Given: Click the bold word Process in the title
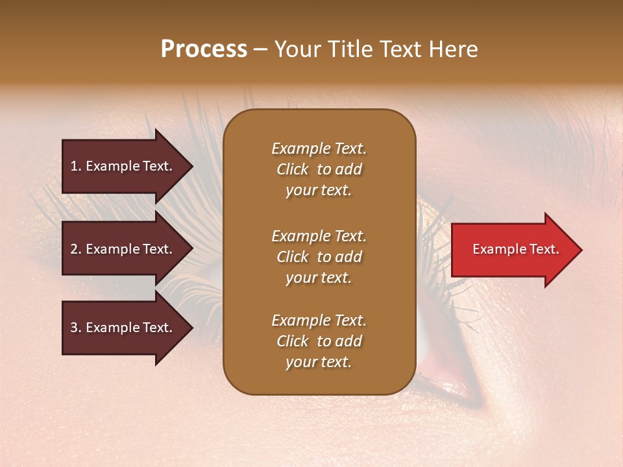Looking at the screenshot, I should [204, 49].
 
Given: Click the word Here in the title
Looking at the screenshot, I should [452, 49].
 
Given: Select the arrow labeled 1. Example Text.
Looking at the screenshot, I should [123, 166].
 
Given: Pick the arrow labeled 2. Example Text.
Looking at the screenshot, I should [123, 249].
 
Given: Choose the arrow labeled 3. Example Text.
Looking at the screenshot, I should [123, 328].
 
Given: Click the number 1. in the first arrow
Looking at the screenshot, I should [76, 166].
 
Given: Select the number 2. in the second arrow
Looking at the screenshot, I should [76, 249].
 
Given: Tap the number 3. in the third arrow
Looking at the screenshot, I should [76, 328].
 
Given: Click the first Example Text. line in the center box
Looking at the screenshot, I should [319, 149].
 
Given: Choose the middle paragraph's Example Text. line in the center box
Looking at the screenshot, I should [319, 235].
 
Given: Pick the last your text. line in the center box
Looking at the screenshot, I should [319, 362].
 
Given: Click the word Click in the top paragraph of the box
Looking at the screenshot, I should [293, 169].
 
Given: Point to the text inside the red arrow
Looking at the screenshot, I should [515, 249].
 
